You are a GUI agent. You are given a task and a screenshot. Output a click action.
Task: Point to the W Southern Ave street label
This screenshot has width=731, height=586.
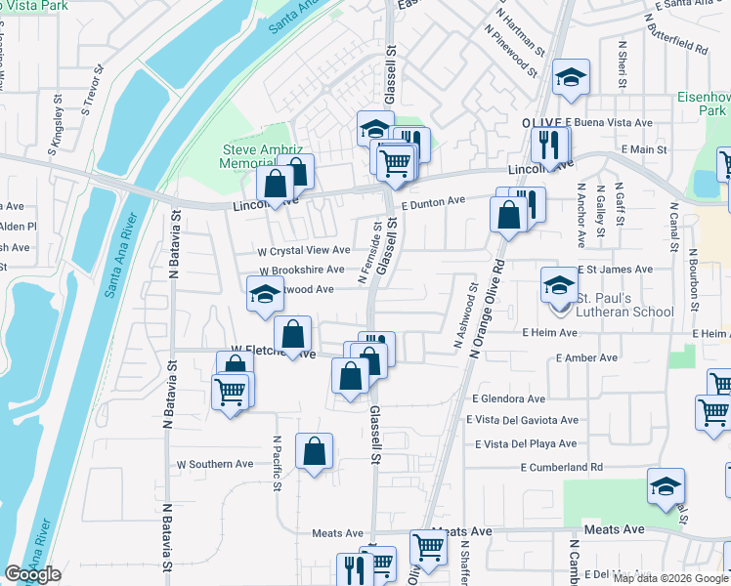214,464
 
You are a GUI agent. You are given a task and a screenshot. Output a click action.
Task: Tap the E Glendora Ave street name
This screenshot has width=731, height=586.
508,398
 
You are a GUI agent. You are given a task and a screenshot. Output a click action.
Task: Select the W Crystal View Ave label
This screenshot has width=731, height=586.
303,251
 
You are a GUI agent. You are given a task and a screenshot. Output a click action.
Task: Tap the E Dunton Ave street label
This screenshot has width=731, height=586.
432,200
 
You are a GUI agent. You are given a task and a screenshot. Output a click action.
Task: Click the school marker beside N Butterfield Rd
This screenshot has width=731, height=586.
571,78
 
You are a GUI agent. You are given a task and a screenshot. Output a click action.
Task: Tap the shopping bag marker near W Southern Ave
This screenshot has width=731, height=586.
314,451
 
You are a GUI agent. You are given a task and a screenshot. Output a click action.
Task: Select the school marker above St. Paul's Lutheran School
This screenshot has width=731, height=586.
559,286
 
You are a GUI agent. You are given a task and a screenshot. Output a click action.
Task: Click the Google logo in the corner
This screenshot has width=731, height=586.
33,574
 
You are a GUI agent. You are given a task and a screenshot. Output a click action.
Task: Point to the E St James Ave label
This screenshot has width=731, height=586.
614,269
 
